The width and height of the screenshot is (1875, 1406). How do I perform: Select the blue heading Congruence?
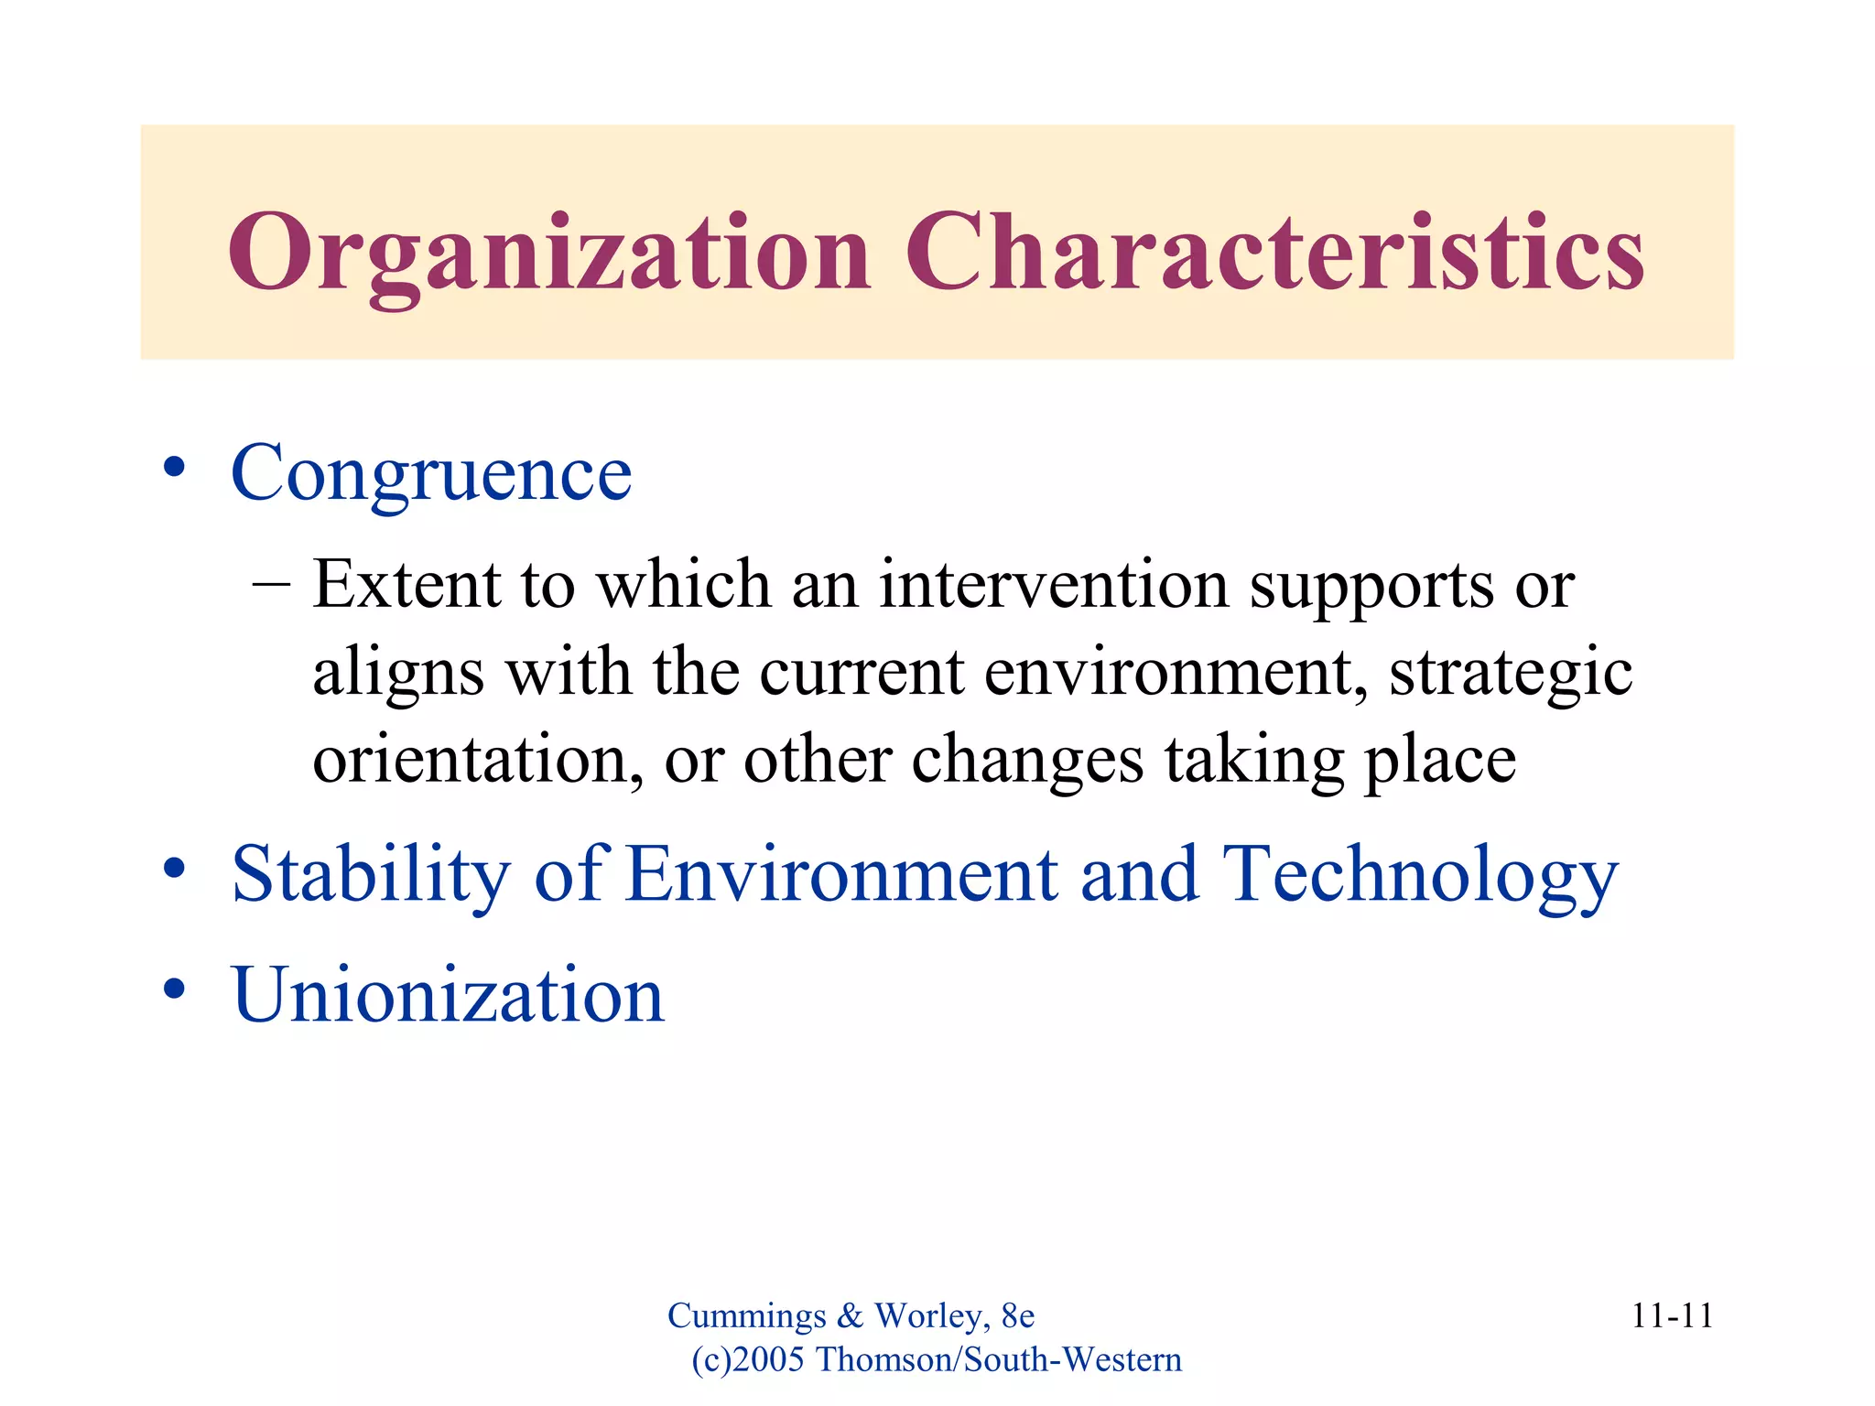[x=431, y=473]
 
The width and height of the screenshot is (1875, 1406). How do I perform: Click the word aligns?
[x=398, y=673]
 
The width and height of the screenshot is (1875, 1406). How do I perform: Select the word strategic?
[x=1510, y=673]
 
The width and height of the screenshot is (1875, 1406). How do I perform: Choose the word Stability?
[x=370, y=875]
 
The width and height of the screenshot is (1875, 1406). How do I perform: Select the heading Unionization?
[x=448, y=995]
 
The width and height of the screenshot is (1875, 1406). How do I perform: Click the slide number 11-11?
[x=1672, y=1316]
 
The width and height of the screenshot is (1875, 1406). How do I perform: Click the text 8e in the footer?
[x=1017, y=1316]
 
